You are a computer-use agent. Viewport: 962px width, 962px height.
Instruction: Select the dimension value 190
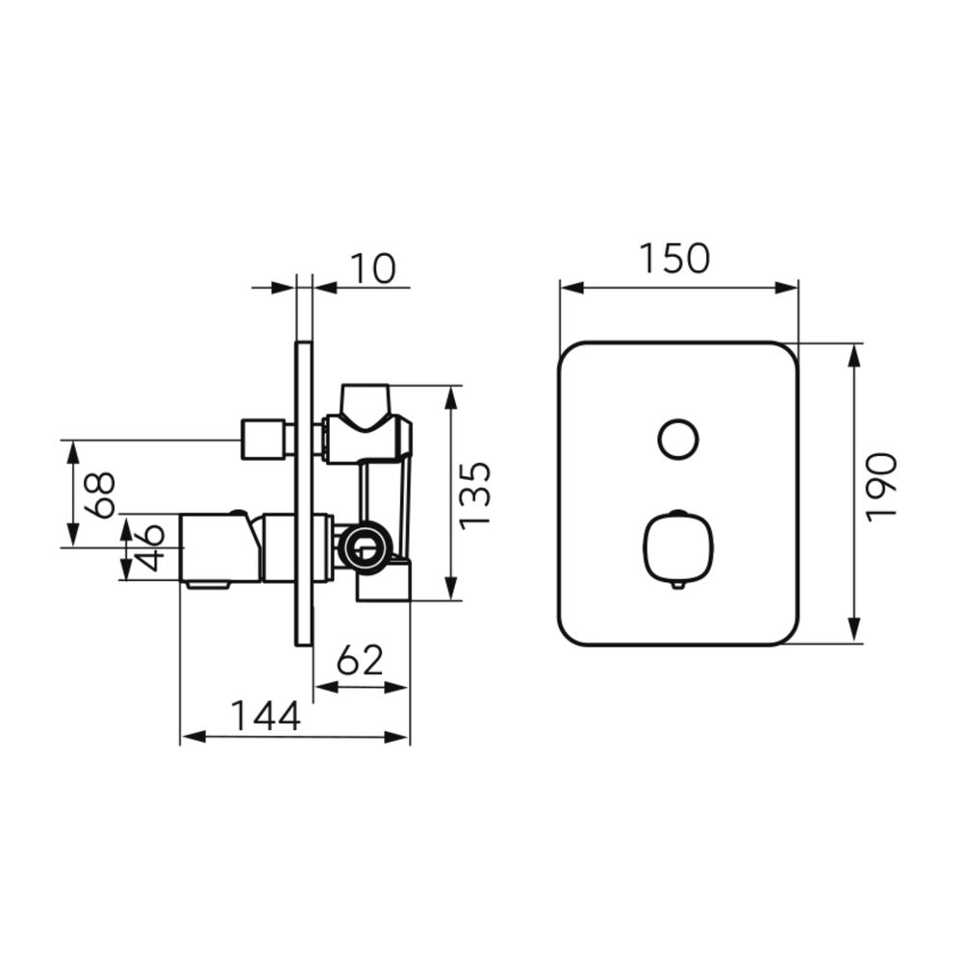[881, 488]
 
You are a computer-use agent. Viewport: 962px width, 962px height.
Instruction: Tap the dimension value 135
[475, 495]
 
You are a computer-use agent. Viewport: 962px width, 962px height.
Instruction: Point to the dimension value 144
[266, 716]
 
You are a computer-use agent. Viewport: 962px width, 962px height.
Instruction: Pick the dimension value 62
[361, 660]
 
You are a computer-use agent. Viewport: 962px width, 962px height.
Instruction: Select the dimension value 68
[100, 494]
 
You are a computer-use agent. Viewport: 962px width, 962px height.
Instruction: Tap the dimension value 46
[150, 548]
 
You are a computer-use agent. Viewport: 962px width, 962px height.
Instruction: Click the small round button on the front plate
[678, 440]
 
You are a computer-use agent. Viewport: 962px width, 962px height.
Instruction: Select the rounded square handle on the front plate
[678, 546]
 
